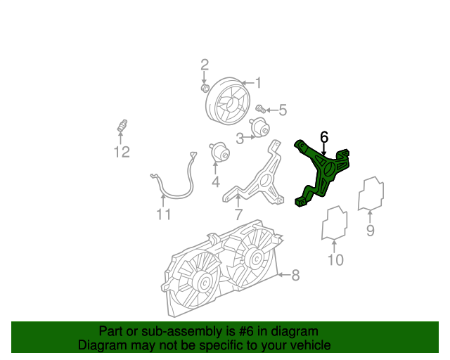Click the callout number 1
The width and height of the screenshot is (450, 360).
[x=258, y=84]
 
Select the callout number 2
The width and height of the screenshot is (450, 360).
[x=205, y=65]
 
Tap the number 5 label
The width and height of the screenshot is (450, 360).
[x=283, y=110]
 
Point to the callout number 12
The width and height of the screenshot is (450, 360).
[x=122, y=152]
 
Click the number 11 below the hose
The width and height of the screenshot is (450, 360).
[x=164, y=214]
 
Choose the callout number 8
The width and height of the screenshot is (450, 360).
[x=295, y=275]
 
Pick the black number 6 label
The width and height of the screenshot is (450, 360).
[x=324, y=136]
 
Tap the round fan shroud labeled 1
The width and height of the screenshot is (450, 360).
[x=226, y=102]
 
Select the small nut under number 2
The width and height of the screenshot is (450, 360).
[x=205, y=88]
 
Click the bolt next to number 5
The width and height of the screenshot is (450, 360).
[x=259, y=109]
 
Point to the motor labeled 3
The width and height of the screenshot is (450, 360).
[x=261, y=129]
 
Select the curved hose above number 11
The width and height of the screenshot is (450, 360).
[x=176, y=184]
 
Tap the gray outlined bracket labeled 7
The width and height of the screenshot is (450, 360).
[x=260, y=179]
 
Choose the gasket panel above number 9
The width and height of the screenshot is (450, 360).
[x=371, y=194]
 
